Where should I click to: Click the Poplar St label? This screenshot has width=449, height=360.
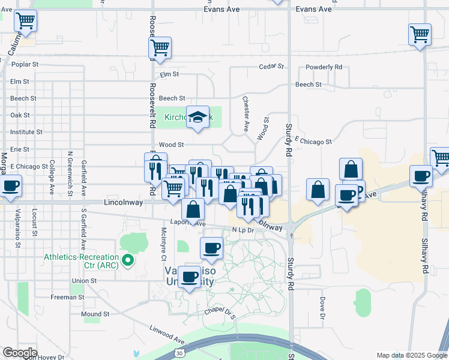pyautogui.click(x=25, y=64)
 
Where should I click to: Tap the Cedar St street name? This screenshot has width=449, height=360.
pyautogui.click(x=270, y=67)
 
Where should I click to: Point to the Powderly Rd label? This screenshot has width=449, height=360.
pyautogui.click(x=324, y=67)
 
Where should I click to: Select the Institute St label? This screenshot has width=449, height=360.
pyautogui.click(x=26, y=131)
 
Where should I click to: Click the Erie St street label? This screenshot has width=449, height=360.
pyautogui.click(x=20, y=149)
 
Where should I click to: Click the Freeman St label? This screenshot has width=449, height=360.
pyautogui.click(x=67, y=297)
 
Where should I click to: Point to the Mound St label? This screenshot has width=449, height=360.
pyautogui.click(x=95, y=314)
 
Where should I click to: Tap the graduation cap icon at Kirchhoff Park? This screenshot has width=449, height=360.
pyautogui.click(x=197, y=117)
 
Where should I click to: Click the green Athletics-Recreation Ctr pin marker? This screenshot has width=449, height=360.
pyautogui.click(x=127, y=260)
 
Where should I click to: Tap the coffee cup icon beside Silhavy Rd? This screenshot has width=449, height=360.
pyautogui.click(x=421, y=176)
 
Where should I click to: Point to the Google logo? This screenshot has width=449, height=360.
pyautogui.click(x=19, y=353)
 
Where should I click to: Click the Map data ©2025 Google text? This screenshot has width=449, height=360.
pyautogui.click(x=411, y=355)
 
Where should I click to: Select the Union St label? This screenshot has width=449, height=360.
pyautogui.click(x=84, y=280)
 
